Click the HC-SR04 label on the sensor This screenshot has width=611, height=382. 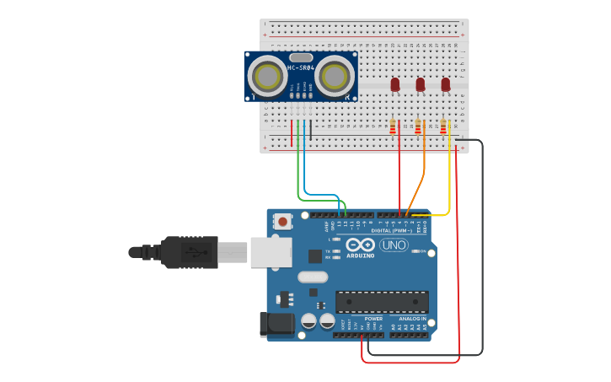tap(301, 67)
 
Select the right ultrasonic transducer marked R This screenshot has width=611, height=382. tap(335, 76)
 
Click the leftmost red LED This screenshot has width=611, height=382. tap(394, 84)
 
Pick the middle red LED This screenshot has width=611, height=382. tap(420, 84)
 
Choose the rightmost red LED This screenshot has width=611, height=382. tap(446, 84)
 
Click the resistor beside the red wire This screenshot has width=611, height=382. tap(393, 126)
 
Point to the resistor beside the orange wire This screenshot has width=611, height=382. tap(418, 126)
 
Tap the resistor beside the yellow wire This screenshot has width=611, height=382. tap(443, 126)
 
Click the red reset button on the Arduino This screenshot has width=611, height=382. tap(283, 222)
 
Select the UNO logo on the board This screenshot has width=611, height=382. tap(394, 245)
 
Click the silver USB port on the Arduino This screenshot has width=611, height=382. tap(271, 251)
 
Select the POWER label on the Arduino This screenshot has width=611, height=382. tap(373, 319)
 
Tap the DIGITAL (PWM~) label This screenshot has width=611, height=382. tap(391, 229)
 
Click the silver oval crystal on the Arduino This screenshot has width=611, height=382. tap(312, 277)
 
